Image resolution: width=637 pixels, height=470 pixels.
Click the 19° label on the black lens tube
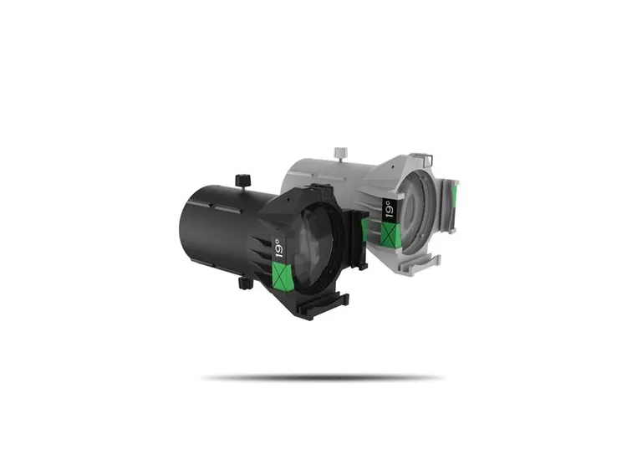tap(278, 249)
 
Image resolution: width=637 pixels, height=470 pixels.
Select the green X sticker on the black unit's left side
tap(283, 273)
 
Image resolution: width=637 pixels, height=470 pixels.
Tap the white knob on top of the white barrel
tap(339, 153)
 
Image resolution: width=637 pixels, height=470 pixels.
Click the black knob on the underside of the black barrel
tap(244, 283)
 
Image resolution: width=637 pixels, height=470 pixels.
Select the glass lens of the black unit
tap(318, 243)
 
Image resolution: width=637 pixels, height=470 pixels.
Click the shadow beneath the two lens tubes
tap(322, 378)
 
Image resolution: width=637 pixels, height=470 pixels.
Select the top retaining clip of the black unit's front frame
tap(316, 191)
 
